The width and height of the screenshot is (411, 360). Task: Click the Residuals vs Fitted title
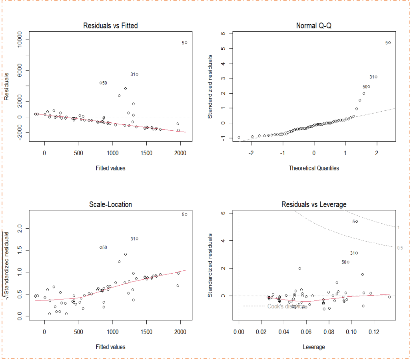tap(110, 26)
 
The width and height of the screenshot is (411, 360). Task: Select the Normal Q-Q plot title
tap(314, 26)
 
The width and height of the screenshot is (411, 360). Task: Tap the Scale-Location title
tap(110, 204)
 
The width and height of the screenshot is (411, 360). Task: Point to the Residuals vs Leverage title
tap(314, 204)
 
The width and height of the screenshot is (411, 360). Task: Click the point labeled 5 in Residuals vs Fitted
tap(186, 42)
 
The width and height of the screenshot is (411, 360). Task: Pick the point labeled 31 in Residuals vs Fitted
tap(137, 74)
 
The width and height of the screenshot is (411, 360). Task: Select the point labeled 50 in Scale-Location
tap(101, 247)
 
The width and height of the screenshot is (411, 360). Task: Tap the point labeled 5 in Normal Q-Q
tap(389, 42)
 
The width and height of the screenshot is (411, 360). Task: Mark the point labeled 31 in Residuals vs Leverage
tap(357, 253)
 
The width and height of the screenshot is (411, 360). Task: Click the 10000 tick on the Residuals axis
tap(20, 40)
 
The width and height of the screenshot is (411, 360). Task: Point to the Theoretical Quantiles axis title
tap(314, 168)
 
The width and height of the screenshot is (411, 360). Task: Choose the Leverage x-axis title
tap(314, 347)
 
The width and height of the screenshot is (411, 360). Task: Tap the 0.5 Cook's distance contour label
tap(400, 248)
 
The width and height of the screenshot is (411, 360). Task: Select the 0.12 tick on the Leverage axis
tap(374, 332)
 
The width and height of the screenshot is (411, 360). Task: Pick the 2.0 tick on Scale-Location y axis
tap(20, 228)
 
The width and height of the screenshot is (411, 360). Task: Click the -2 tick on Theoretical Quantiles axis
tap(251, 153)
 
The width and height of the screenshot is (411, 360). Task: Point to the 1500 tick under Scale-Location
tap(147, 332)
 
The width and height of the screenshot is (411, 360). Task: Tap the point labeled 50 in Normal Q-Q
tap(369, 86)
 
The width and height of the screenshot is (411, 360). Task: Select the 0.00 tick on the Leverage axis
tap(239, 332)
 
